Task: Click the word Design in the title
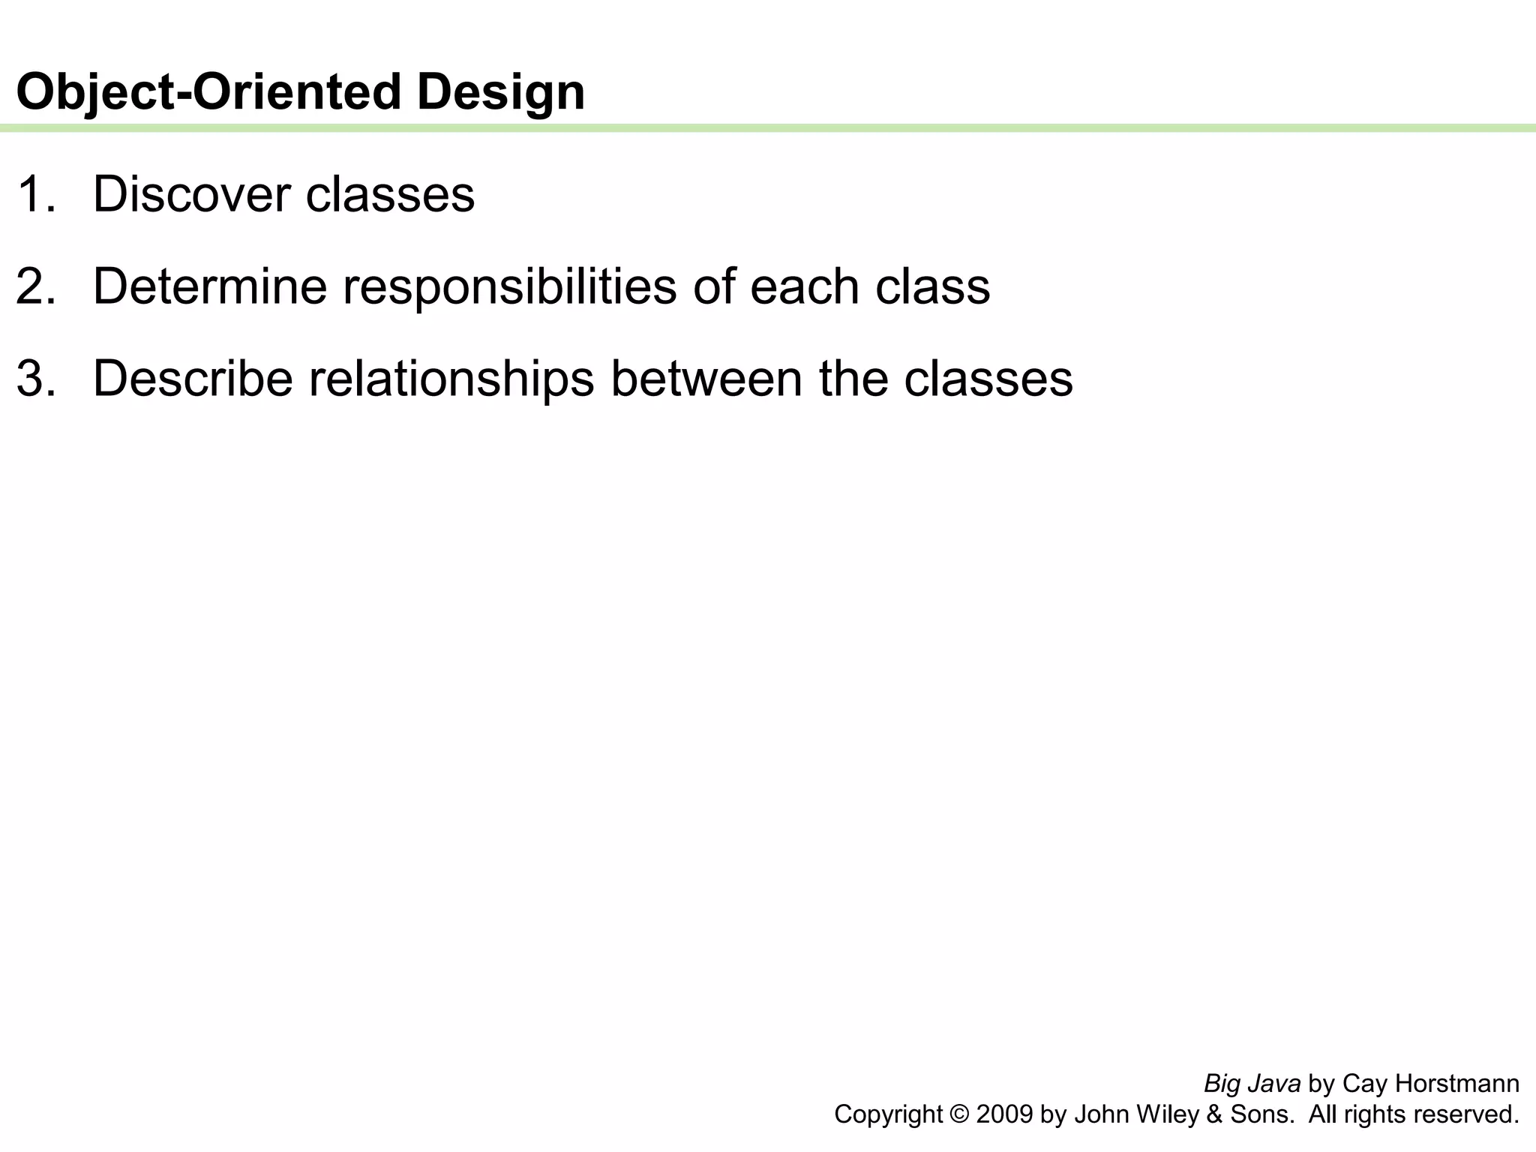(500, 92)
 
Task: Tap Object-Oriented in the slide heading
(208, 92)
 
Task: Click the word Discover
(191, 194)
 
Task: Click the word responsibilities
(510, 286)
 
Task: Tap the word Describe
(193, 379)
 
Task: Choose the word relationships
(451, 379)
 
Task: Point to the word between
(706, 379)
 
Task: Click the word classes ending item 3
(988, 379)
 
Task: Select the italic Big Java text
(1252, 1084)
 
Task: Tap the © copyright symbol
(959, 1114)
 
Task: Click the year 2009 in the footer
(1005, 1114)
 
